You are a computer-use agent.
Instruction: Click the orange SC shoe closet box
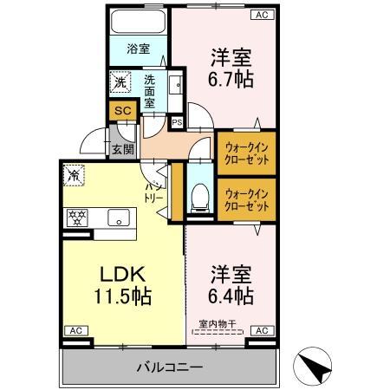click(122, 112)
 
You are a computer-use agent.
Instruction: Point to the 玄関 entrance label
click(122, 148)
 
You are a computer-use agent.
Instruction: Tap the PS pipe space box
click(177, 122)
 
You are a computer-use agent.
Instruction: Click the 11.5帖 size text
click(123, 296)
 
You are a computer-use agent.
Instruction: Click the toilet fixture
click(198, 197)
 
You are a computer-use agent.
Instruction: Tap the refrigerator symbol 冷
click(75, 175)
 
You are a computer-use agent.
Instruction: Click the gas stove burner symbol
click(77, 218)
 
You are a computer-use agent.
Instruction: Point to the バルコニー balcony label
click(170, 367)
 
